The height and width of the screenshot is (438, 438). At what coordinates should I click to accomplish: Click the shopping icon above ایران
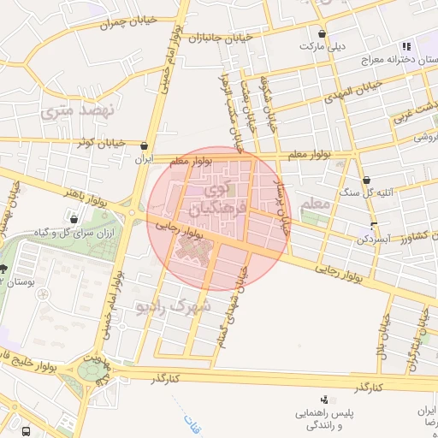[144, 146]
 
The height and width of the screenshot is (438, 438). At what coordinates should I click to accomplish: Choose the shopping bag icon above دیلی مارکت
[321, 33]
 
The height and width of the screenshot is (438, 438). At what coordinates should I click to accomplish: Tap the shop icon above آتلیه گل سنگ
[366, 181]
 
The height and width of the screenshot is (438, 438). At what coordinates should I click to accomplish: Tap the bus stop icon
[27, 430]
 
